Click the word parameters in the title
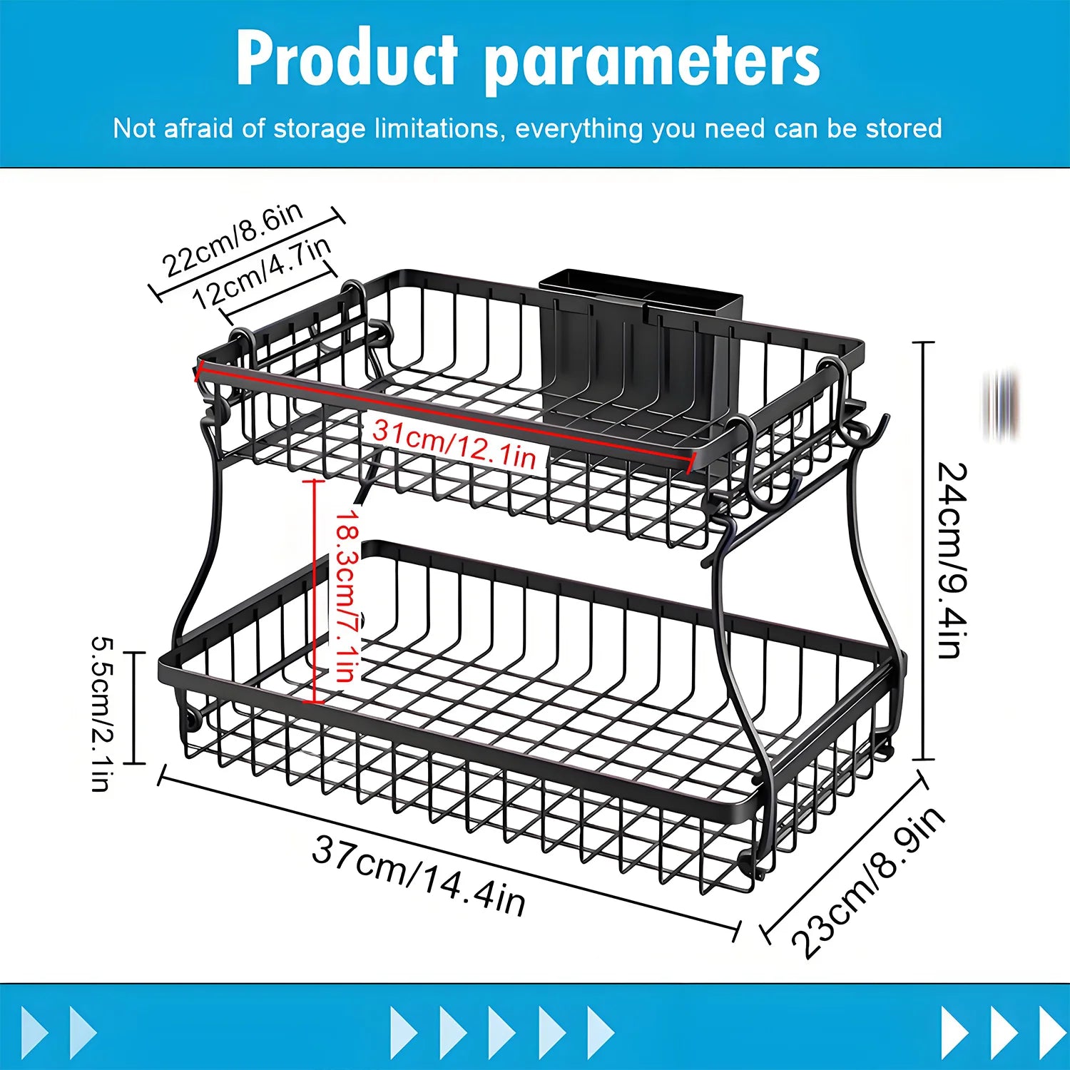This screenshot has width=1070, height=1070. pyautogui.click(x=652, y=63)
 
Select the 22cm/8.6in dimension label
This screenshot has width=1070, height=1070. pyautogui.click(x=233, y=240)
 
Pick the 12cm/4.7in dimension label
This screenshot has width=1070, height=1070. pyautogui.click(x=263, y=272)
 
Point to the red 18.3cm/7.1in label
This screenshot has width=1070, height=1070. pyautogui.click(x=347, y=595)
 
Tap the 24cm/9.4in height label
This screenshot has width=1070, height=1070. pyautogui.click(x=953, y=559)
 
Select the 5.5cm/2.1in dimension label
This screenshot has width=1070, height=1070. pyautogui.click(x=101, y=713)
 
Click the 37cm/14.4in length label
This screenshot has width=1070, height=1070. pyautogui.click(x=419, y=875)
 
